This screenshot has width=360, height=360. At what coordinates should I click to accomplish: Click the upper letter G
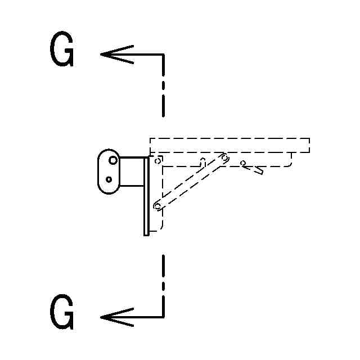point(62,51)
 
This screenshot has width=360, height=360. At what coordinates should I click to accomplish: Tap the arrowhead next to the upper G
point(110,55)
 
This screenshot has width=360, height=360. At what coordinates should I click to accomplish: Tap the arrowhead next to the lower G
point(110,317)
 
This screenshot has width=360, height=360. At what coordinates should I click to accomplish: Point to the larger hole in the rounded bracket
point(113,160)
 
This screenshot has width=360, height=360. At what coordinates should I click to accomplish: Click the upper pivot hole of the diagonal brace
point(224,158)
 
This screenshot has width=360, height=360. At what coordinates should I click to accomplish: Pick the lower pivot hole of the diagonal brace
point(157,206)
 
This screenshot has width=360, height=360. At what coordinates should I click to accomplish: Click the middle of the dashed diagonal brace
point(191,182)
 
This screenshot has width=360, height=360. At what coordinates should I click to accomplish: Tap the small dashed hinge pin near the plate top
point(158,160)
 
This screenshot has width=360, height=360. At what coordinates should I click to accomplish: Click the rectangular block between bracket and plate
point(132,172)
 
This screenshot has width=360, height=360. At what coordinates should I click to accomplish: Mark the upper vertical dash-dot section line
point(163,84)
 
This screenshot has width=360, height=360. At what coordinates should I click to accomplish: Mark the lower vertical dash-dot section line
point(163,284)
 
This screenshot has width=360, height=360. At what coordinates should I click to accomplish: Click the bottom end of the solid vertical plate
point(146,233)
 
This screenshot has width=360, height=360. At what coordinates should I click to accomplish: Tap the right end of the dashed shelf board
point(308,145)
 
